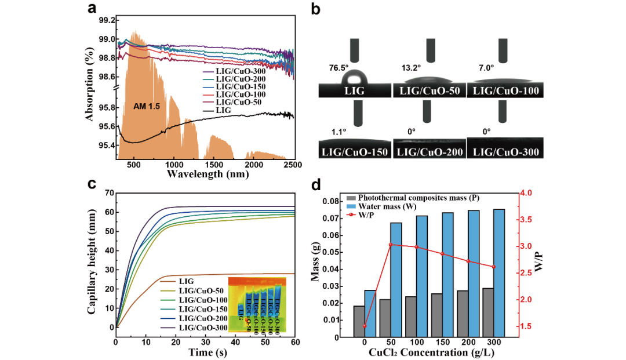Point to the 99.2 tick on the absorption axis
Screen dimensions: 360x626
click(x=107, y=20)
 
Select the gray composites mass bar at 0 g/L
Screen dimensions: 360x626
click(x=359, y=321)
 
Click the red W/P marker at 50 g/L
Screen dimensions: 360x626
click(x=391, y=245)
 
